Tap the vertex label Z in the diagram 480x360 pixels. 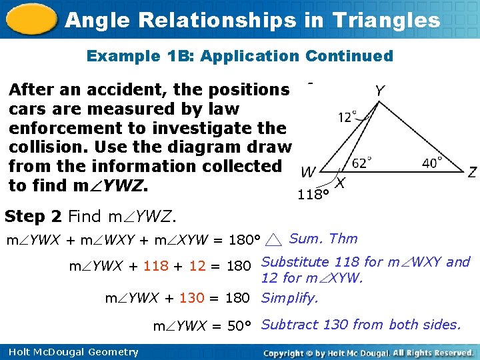472,173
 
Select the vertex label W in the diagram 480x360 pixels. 308,173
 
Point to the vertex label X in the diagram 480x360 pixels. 339,183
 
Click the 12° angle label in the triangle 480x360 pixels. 347,117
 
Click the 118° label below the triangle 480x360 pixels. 313,195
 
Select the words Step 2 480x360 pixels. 33,216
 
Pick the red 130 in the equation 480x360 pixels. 192,298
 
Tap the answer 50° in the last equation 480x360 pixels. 239,326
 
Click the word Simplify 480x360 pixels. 290,298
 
